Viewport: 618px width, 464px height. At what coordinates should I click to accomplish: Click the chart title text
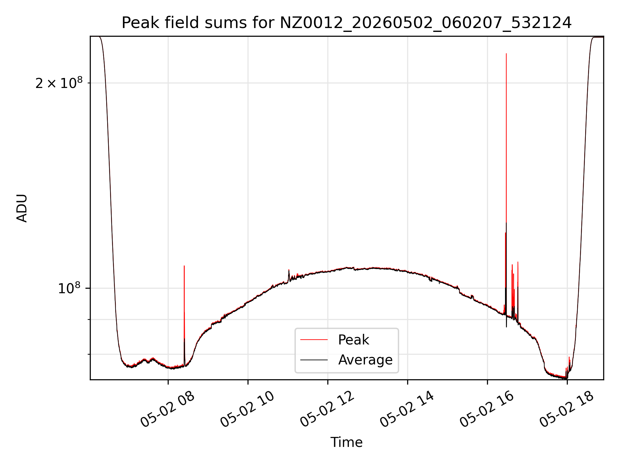(x=347, y=23)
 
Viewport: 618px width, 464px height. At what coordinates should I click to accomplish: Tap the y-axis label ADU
(x=22, y=208)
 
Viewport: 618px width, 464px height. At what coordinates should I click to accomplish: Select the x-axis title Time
(x=347, y=442)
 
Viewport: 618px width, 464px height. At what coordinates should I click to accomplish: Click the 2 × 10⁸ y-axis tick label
(x=59, y=83)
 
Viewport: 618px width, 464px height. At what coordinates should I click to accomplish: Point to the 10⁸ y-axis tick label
(x=69, y=288)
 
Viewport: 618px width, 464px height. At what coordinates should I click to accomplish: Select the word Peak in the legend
(x=353, y=340)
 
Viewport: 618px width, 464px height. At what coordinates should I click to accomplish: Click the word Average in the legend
(x=365, y=360)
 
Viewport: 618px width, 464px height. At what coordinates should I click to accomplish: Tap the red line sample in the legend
(x=314, y=340)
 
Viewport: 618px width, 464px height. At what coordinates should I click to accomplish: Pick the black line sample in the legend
(x=314, y=360)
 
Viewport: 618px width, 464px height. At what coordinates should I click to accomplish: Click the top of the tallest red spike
(x=506, y=54)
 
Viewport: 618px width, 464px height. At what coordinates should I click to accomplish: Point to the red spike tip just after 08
(x=184, y=266)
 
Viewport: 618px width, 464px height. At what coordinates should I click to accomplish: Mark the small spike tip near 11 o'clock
(x=289, y=270)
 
